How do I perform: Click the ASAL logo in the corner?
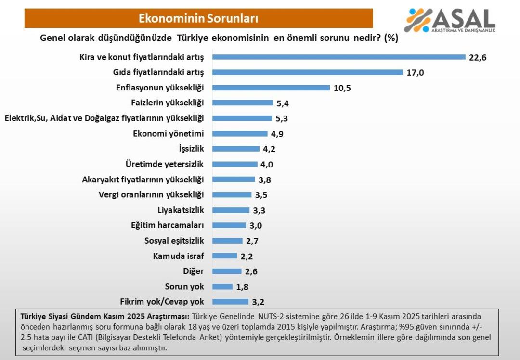(x=450, y=20)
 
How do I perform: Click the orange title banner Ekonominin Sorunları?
(x=198, y=18)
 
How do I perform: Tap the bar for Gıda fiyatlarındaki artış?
(x=308, y=72)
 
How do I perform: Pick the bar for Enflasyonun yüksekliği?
(x=271, y=88)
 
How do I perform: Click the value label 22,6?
(x=478, y=57)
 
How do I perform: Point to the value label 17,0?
(x=415, y=73)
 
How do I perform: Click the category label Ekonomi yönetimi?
(x=169, y=133)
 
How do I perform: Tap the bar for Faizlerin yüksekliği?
(x=243, y=103)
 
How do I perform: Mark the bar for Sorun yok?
(x=222, y=287)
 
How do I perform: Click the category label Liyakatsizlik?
(x=181, y=210)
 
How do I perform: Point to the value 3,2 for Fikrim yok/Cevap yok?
(x=258, y=303)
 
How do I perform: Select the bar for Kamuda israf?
(x=225, y=256)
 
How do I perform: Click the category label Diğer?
(x=194, y=271)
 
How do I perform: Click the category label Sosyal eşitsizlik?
(x=174, y=241)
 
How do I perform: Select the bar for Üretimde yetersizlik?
(x=235, y=164)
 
